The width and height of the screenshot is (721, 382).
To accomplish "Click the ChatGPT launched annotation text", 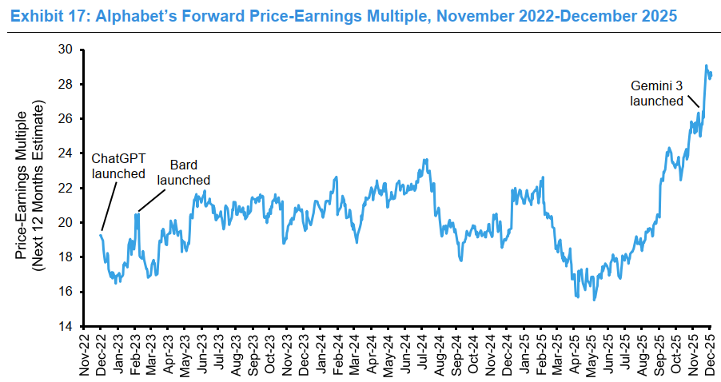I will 118,165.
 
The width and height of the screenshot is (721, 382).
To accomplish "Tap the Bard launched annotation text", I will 183,173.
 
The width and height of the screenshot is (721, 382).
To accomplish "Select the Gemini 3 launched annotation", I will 656,93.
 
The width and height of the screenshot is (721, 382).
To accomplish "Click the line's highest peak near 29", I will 706,66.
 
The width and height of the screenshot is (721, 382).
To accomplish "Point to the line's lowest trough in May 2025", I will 594,300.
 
